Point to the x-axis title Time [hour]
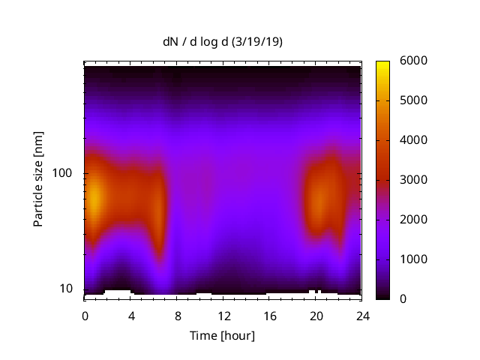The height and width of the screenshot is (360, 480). tap(222, 335)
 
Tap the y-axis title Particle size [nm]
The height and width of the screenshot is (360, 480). tap(38, 179)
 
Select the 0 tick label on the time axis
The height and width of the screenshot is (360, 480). tap(85, 315)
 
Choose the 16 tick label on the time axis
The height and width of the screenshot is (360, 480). tap(269, 315)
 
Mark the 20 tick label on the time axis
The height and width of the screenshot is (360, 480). tap(316, 315)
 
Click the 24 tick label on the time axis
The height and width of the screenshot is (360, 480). tap(361, 315)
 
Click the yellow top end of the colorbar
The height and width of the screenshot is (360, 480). tap(383, 64)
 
